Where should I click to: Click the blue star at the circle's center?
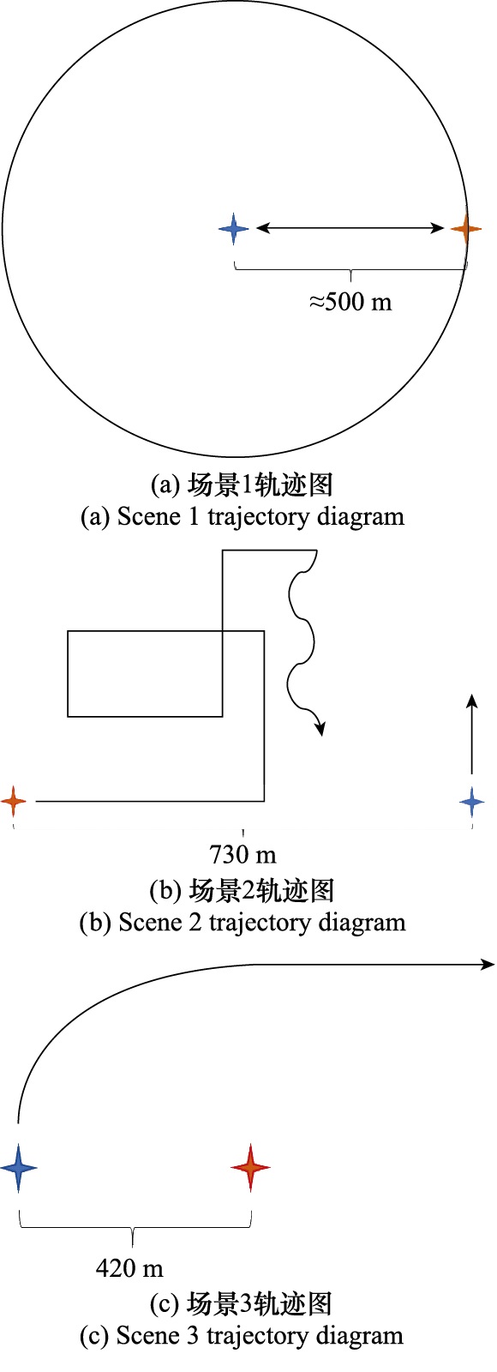point(234,228)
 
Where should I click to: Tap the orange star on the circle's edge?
point(466,228)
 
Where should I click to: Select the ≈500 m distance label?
point(350,301)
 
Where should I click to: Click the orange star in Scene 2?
point(14,801)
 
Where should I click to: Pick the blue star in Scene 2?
point(472,801)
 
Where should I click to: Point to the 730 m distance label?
point(243,854)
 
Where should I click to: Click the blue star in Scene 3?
point(18,1167)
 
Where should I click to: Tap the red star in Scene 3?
point(251,1167)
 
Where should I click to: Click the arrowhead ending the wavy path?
point(319,727)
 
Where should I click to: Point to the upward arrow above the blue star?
point(472,734)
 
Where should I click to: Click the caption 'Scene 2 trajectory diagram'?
point(262,922)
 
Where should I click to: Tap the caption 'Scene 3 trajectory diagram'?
point(260,1334)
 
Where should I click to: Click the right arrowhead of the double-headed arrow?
point(437,228)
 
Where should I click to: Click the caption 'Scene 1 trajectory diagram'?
point(260,516)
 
